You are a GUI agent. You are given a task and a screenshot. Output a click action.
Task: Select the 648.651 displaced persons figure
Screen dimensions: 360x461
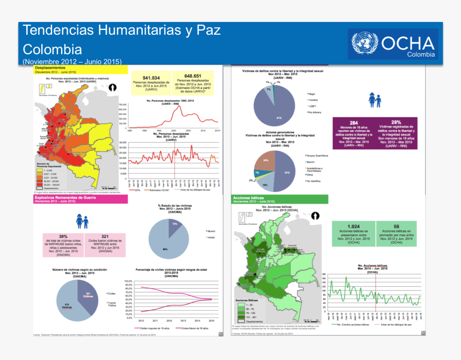tap(192, 76)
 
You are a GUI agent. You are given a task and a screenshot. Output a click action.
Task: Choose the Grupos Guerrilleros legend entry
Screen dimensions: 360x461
tap(317, 155)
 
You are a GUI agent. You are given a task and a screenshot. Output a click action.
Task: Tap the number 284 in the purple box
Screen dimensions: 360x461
tap(354, 123)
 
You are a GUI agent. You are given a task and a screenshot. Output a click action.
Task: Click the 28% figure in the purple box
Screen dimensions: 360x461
tap(396, 122)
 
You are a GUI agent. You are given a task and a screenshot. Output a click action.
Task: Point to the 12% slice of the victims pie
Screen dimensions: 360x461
tap(175, 223)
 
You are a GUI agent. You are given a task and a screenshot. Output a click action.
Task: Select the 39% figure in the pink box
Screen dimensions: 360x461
tap(63, 236)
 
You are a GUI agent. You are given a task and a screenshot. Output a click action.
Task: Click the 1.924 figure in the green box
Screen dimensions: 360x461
tap(354, 226)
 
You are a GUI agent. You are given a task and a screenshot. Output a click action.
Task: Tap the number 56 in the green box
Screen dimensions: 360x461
tap(396, 226)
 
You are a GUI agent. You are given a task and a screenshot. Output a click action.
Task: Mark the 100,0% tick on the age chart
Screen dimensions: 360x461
tap(128, 281)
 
